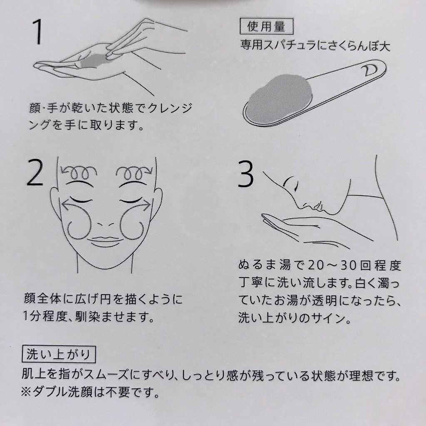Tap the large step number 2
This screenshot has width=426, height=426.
pos(35,173)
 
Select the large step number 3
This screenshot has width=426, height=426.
pos(246,174)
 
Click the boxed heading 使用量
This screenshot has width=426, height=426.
pos(266,26)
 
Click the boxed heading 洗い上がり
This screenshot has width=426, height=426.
pos(59,354)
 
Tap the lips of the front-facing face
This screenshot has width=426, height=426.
pos(105,242)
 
